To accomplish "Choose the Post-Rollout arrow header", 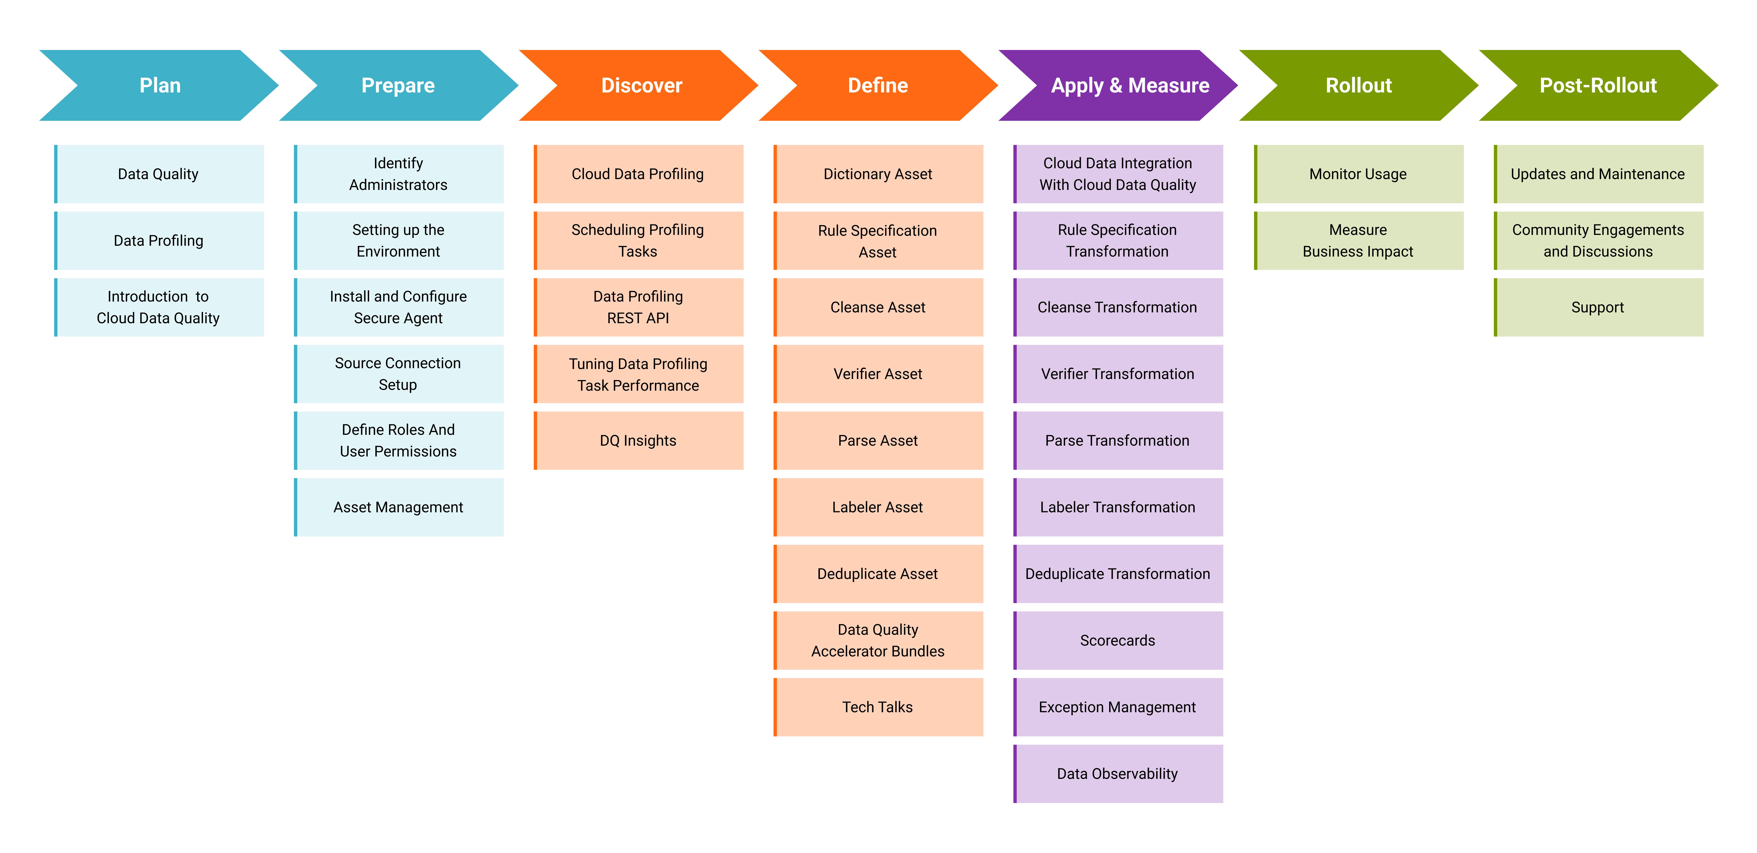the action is point(1598,85).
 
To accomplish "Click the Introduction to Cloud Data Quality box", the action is point(159,307).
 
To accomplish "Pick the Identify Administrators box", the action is point(399,174).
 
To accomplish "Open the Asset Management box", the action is point(399,507).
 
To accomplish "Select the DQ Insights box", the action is point(638,440).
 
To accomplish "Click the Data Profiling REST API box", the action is point(638,307).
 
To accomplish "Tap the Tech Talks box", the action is point(878,707).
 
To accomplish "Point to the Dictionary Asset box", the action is point(878,174).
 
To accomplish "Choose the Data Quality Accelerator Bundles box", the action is point(878,640).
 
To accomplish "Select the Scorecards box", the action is point(1119,640).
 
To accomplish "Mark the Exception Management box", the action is point(1119,707).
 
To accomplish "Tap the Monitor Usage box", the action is point(1359,174).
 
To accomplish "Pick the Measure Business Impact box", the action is point(1359,240).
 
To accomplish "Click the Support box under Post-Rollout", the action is point(1599,307).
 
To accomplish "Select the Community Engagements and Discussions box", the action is point(1599,240).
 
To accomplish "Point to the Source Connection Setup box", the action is point(399,374).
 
